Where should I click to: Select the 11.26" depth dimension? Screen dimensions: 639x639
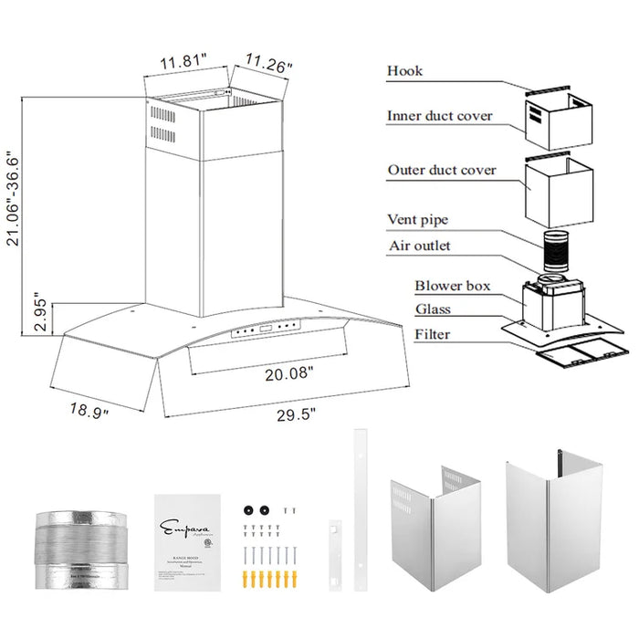(x=266, y=65)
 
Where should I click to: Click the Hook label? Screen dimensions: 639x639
(x=405, y=71)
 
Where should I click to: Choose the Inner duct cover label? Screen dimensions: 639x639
(x=439, y=116)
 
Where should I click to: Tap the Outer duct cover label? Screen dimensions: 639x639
(x=442, y=170)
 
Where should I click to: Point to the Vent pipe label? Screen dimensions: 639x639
(x=417, y=220)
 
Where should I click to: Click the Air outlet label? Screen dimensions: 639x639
(x=419, y=246)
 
